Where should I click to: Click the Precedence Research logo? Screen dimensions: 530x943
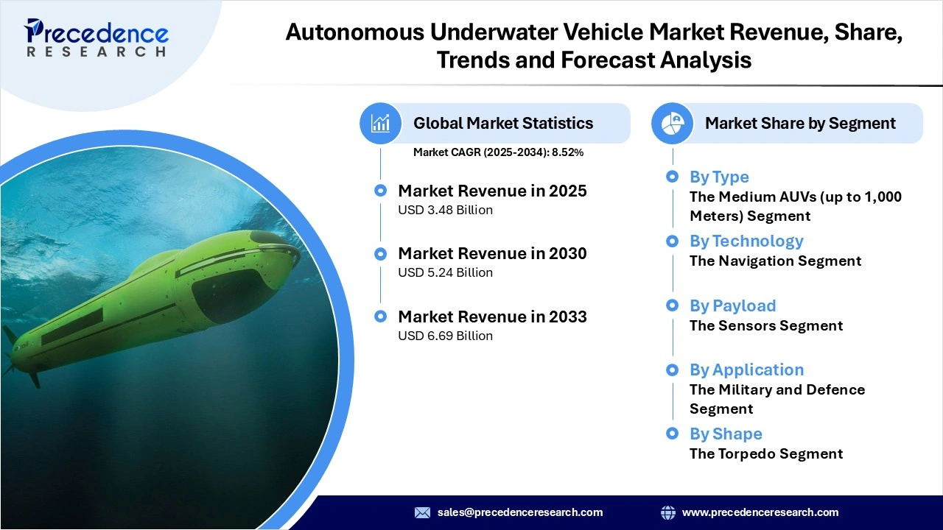pos(97,38)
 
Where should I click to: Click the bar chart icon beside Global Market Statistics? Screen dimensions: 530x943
pos(380,123)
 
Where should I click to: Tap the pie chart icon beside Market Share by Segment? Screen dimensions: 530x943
pos(673,123)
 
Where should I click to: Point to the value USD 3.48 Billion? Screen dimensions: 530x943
pos(445,211)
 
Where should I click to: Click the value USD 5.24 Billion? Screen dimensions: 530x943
pos(445,273)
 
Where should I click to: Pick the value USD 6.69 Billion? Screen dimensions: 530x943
pos(445,336)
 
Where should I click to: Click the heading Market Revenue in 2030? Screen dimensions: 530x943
pos(492,254)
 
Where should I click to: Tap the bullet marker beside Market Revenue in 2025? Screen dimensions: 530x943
pos(380,191)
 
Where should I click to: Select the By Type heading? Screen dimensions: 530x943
pos(719,177)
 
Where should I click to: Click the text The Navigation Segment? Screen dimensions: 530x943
pos(775,261)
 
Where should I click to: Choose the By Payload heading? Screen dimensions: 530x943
pos(732,306)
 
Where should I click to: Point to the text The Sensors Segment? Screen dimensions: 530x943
pos(766,326)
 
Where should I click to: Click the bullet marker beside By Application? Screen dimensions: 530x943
pos(672,370)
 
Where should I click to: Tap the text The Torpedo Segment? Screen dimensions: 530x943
pos(766,454)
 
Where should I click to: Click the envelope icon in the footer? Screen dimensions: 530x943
pos(422,512)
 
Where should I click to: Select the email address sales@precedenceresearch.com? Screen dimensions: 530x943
pos(520,512)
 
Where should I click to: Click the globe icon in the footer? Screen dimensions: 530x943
pos(668,512)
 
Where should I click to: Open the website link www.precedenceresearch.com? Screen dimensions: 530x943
pos(760,512)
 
